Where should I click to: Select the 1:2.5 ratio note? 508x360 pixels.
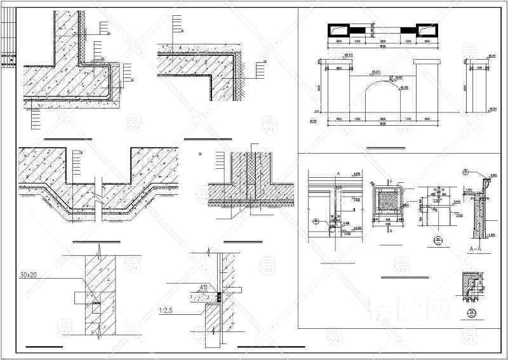[167, 310]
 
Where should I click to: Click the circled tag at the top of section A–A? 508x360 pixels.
[465, 172]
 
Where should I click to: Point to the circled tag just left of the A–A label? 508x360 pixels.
[437, 240]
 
